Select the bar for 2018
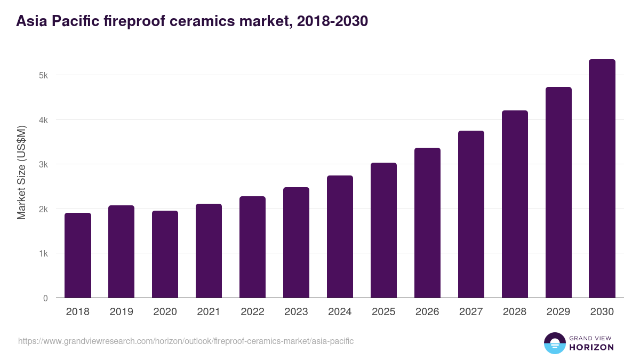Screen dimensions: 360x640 pyautogui.click(x=78, y=255)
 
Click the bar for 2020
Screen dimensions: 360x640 pyautogui.click(x=165, y=254)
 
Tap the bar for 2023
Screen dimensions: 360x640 pyautogui.click(x=297, y=243)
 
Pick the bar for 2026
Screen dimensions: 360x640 pyautogui.click(x=428, y=223)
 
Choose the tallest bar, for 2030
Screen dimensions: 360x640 pyautogui.click(x=602, y=179)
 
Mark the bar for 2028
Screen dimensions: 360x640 pyautogui.click(x=515, y=204)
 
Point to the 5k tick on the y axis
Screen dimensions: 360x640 pyautogui.click(x=43, y=75)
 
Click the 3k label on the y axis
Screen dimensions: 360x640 pyautogui.click(x=43, y=164)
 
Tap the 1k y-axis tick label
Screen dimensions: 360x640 pyautogui.click(x=43, y=253)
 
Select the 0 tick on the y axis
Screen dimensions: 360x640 pyautogui.click(x=45, y=298)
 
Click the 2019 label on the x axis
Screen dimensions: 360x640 pyautogui.click(x=122, y=312)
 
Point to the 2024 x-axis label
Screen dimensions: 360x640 pyautogui.click(x=340, y=312)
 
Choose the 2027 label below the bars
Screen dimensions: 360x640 pyautogui.click(x=471, y=312)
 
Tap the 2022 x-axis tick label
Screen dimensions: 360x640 pyautogui.click(x=253, y=312)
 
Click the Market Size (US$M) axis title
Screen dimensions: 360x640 pyautogui.click(x=22, y=172)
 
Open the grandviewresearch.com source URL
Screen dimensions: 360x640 pyautogui.click(x=186, y=341)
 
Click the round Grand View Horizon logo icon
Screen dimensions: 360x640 pyautogui.click(x=555, y=343)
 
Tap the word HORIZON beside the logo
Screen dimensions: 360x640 pyautogui.click(x=592, y=347)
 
